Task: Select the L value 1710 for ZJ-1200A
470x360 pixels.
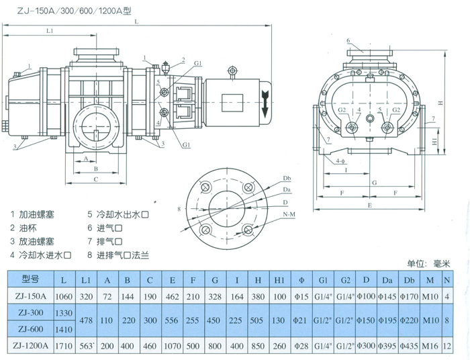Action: point(63,345)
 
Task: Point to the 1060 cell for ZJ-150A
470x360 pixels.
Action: point(63,295)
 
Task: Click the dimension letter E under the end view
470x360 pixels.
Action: point(370,203)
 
